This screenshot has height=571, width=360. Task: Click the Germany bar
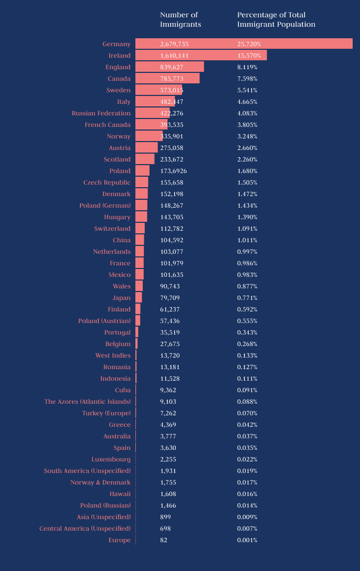click(243, 44)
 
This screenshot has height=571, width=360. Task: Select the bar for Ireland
click(201, 56)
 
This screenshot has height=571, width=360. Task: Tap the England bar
click(170, 67)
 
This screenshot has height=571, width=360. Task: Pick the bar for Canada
click(167, 79)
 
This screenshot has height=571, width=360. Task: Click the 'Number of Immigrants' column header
click(181, 19)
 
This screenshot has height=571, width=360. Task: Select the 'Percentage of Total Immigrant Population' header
click(276, 19)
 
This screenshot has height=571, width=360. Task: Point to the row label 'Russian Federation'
click(101, 113)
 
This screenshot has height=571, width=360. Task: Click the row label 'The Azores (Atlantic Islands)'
click(87, 402)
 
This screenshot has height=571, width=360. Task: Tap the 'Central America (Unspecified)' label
click(85, 529)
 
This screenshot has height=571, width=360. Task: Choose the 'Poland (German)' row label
click(105, 206)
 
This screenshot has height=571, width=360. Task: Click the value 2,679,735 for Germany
click(174, 44)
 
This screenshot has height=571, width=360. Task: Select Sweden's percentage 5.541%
click(247, 90)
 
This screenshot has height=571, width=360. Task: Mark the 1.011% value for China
click(247, 240)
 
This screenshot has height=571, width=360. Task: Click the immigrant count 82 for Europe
click(164, 540)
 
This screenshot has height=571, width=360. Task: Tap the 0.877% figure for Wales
click(247, 286)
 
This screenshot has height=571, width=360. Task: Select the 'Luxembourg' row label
click(111, 459)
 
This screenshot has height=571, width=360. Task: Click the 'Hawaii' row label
click(120, 494)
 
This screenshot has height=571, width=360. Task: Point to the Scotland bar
click(145, 159)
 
